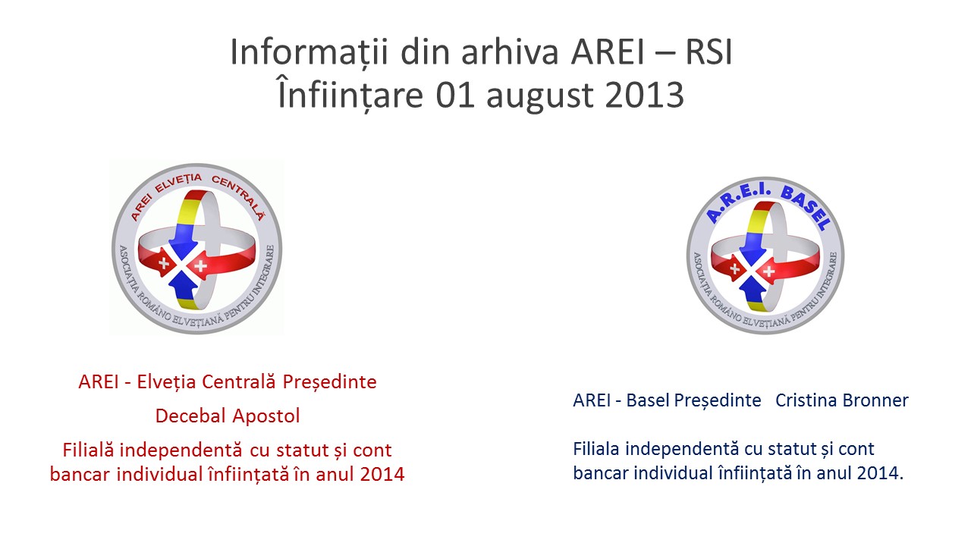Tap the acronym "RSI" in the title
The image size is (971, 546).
click(x=709, y=52)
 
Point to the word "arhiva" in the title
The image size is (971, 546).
click(x=510, y=52)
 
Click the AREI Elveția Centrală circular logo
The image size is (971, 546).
click(x=196, y=248)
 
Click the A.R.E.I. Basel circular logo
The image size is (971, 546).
click(x=765, y=256)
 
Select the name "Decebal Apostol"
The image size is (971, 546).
click(x=228, y=416)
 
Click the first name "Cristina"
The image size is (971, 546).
click(x=806, y=400)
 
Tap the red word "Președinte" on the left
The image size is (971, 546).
click(x=330, y=383)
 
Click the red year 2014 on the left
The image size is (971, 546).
click(x=382, y=474)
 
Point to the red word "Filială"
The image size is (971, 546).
click(x=88, y=450)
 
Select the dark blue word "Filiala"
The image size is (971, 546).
click(x=596, y=448)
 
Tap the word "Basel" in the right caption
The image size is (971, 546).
click(x=649, y=400)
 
